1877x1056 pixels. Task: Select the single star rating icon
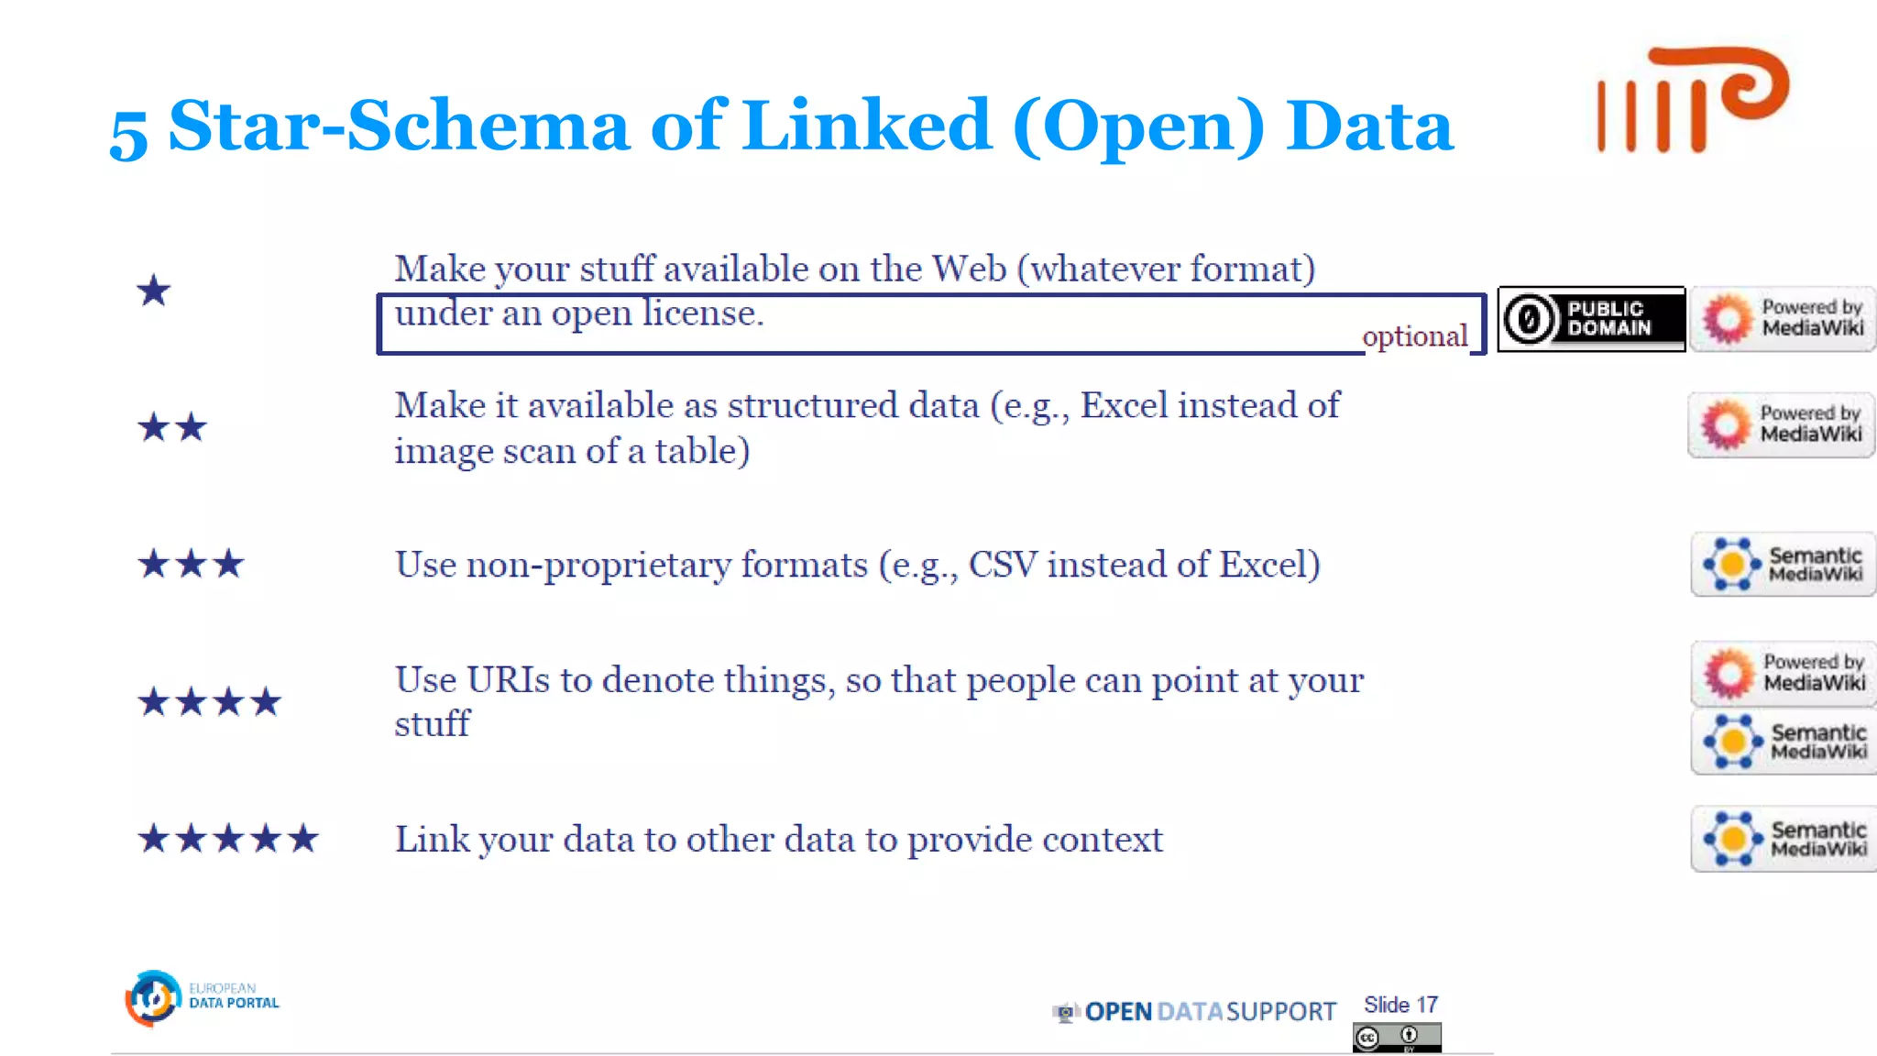(153, 291)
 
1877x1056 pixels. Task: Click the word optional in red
(1414, 336)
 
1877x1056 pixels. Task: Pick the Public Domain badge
(1591, 319)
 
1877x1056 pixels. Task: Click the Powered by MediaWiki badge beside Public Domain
(1783, 319)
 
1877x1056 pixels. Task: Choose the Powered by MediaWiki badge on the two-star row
(1782, 424)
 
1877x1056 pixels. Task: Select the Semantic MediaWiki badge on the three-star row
(1784, 565)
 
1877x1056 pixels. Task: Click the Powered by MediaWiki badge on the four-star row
(1784, 673)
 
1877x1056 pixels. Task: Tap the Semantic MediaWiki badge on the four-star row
(1784, 742)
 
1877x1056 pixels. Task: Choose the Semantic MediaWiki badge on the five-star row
(1784, 839)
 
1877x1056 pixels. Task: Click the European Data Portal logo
(202, 997)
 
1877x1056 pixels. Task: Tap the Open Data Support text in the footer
(1209, 1012)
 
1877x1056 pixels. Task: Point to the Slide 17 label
(1400, 1005)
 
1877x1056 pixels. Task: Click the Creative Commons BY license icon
(1397, 1038)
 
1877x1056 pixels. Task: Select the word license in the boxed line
(702, 313)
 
